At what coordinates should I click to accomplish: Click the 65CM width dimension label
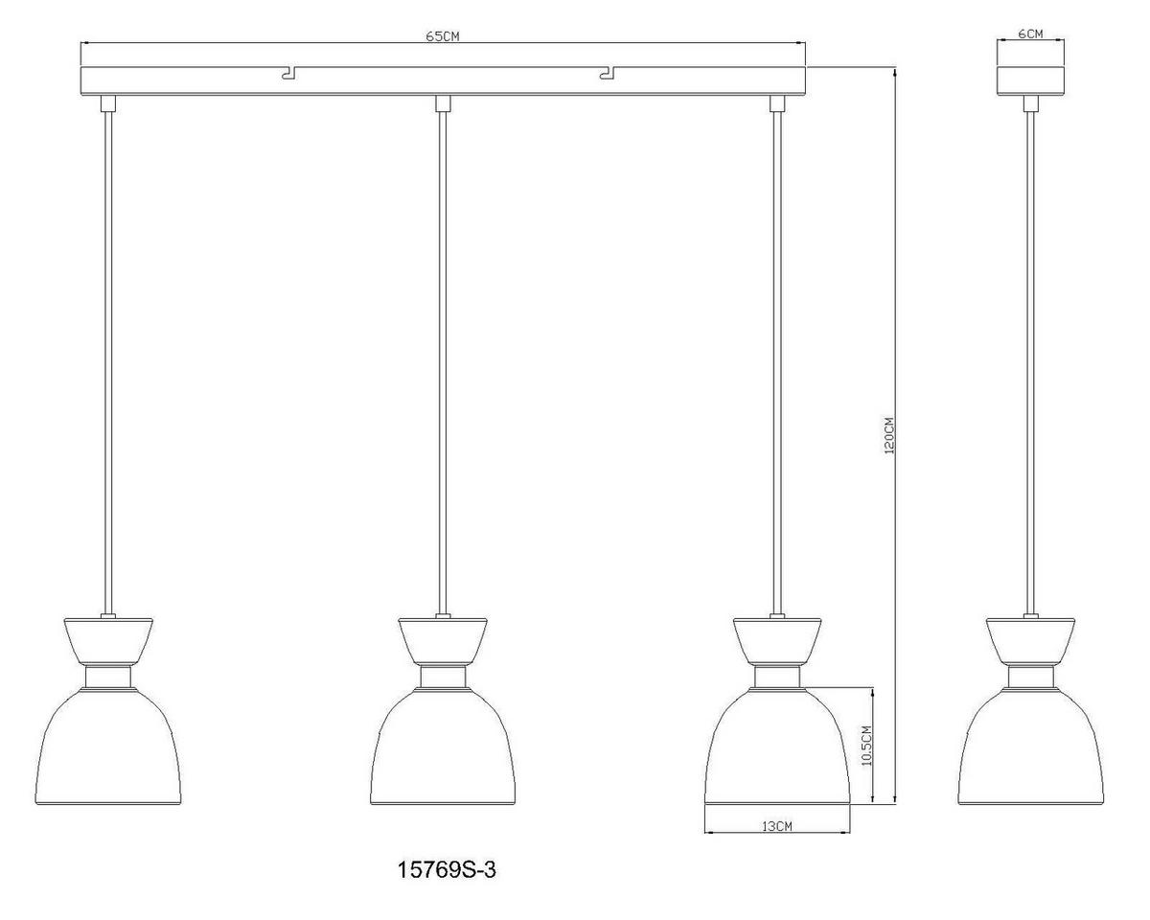443,36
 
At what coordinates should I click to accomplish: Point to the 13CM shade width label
776,825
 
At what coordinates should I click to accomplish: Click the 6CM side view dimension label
1030,34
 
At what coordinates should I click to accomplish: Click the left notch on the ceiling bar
288,72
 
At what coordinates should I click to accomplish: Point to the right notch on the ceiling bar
606,72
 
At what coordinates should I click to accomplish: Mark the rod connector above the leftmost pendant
107,103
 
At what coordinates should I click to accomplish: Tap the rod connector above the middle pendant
443,103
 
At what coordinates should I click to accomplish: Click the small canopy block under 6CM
1030,80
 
